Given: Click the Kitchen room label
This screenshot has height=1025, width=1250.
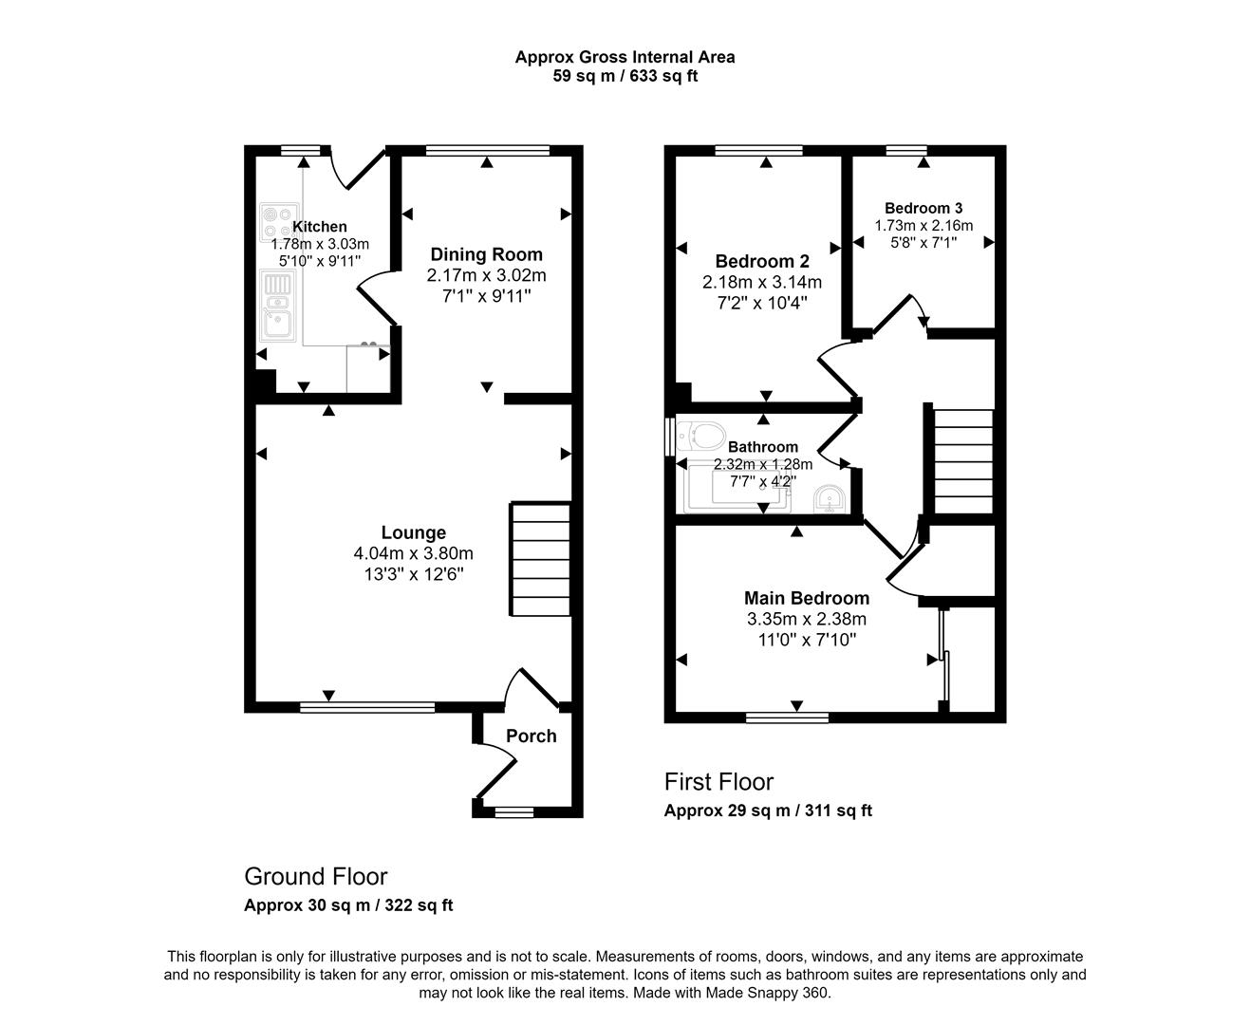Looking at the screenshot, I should click(319, 227).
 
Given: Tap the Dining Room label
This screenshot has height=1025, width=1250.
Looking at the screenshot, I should click(486, 254).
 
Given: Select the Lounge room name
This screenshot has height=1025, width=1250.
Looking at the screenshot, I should click(413, 533).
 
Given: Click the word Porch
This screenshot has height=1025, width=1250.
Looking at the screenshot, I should click(531, 736).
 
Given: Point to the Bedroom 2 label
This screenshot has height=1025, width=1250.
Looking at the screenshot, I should click(761, 261).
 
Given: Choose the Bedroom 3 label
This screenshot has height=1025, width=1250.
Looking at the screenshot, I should click(923, 208).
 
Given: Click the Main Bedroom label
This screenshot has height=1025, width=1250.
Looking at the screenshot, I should click(806, 598).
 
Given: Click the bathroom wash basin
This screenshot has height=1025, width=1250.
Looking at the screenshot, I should click(830, 497).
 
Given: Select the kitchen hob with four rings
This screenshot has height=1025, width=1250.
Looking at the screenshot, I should click(278, 221).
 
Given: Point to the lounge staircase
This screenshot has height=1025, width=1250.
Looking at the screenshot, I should click(541, 560).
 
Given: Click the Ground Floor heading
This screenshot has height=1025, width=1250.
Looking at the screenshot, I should click(315, 876).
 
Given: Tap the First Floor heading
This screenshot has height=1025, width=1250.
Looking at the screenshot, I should click(718, 782).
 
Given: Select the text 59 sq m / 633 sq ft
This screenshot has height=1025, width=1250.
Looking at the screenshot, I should click(625, 76).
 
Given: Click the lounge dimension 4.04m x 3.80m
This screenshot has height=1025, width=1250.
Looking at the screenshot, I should click(413, 554).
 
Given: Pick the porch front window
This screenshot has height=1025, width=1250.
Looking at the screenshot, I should click(513, 811).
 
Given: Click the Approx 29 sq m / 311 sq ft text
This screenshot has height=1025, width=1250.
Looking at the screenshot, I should click(767, 811).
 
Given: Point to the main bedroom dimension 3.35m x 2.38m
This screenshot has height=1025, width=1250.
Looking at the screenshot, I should click(806, 619).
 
